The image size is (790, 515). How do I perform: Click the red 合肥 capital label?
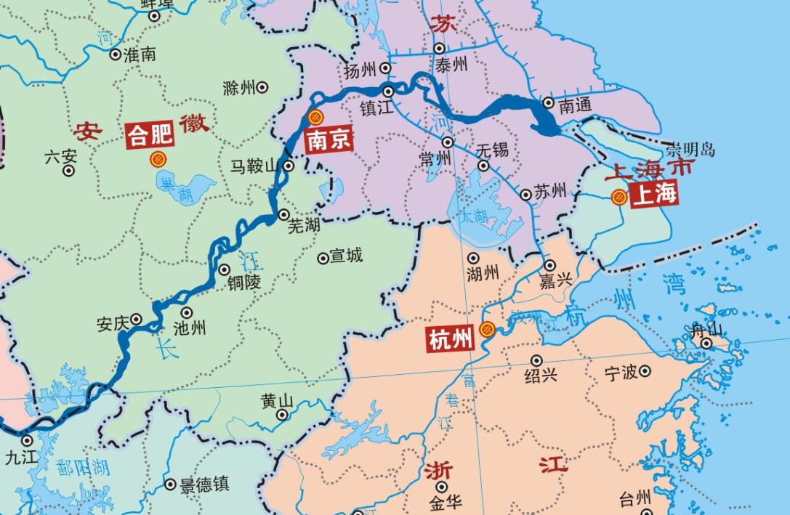tap(151, 135)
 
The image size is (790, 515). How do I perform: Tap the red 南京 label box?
tap(328, 139)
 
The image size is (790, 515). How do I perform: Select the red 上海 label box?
tap(653, 195)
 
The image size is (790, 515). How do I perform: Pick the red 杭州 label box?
tap(450, 338)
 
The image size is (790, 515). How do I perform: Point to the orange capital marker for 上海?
tap(619, 195)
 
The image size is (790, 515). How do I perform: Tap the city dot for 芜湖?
tap(283, 214)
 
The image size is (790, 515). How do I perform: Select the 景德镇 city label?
tap(206, 484)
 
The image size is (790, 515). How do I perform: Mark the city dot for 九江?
tap(27, 439)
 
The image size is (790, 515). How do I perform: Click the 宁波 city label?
tap(621, 373)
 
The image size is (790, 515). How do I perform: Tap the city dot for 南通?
tap(549, 103)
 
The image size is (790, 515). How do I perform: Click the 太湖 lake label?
tap(471, 216)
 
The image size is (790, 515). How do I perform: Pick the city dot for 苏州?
tap(525, 194)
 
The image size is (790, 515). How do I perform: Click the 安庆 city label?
tap(113, 323)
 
